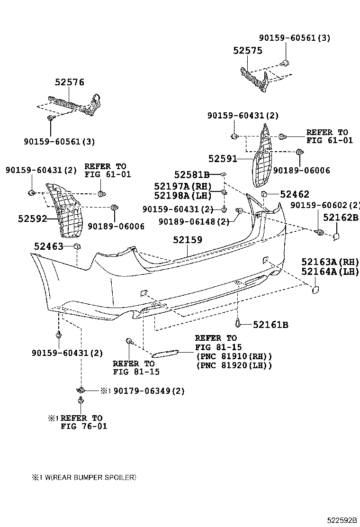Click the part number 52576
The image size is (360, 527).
[69, 82]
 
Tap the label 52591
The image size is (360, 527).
[223, 158]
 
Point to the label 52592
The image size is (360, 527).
[33, 218]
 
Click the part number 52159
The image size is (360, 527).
[187, 240]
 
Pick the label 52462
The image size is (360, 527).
[294, 194]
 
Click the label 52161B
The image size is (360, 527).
[270, 325]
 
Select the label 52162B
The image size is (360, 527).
[341, 217]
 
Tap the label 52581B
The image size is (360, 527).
[191, 174]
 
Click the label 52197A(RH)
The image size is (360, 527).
[182, 186]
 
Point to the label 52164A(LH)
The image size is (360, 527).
[330, 272]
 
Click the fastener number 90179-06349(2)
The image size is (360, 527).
[148, 391]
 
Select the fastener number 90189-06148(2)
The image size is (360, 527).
[194, 221]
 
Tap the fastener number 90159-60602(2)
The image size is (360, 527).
[325, 205]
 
